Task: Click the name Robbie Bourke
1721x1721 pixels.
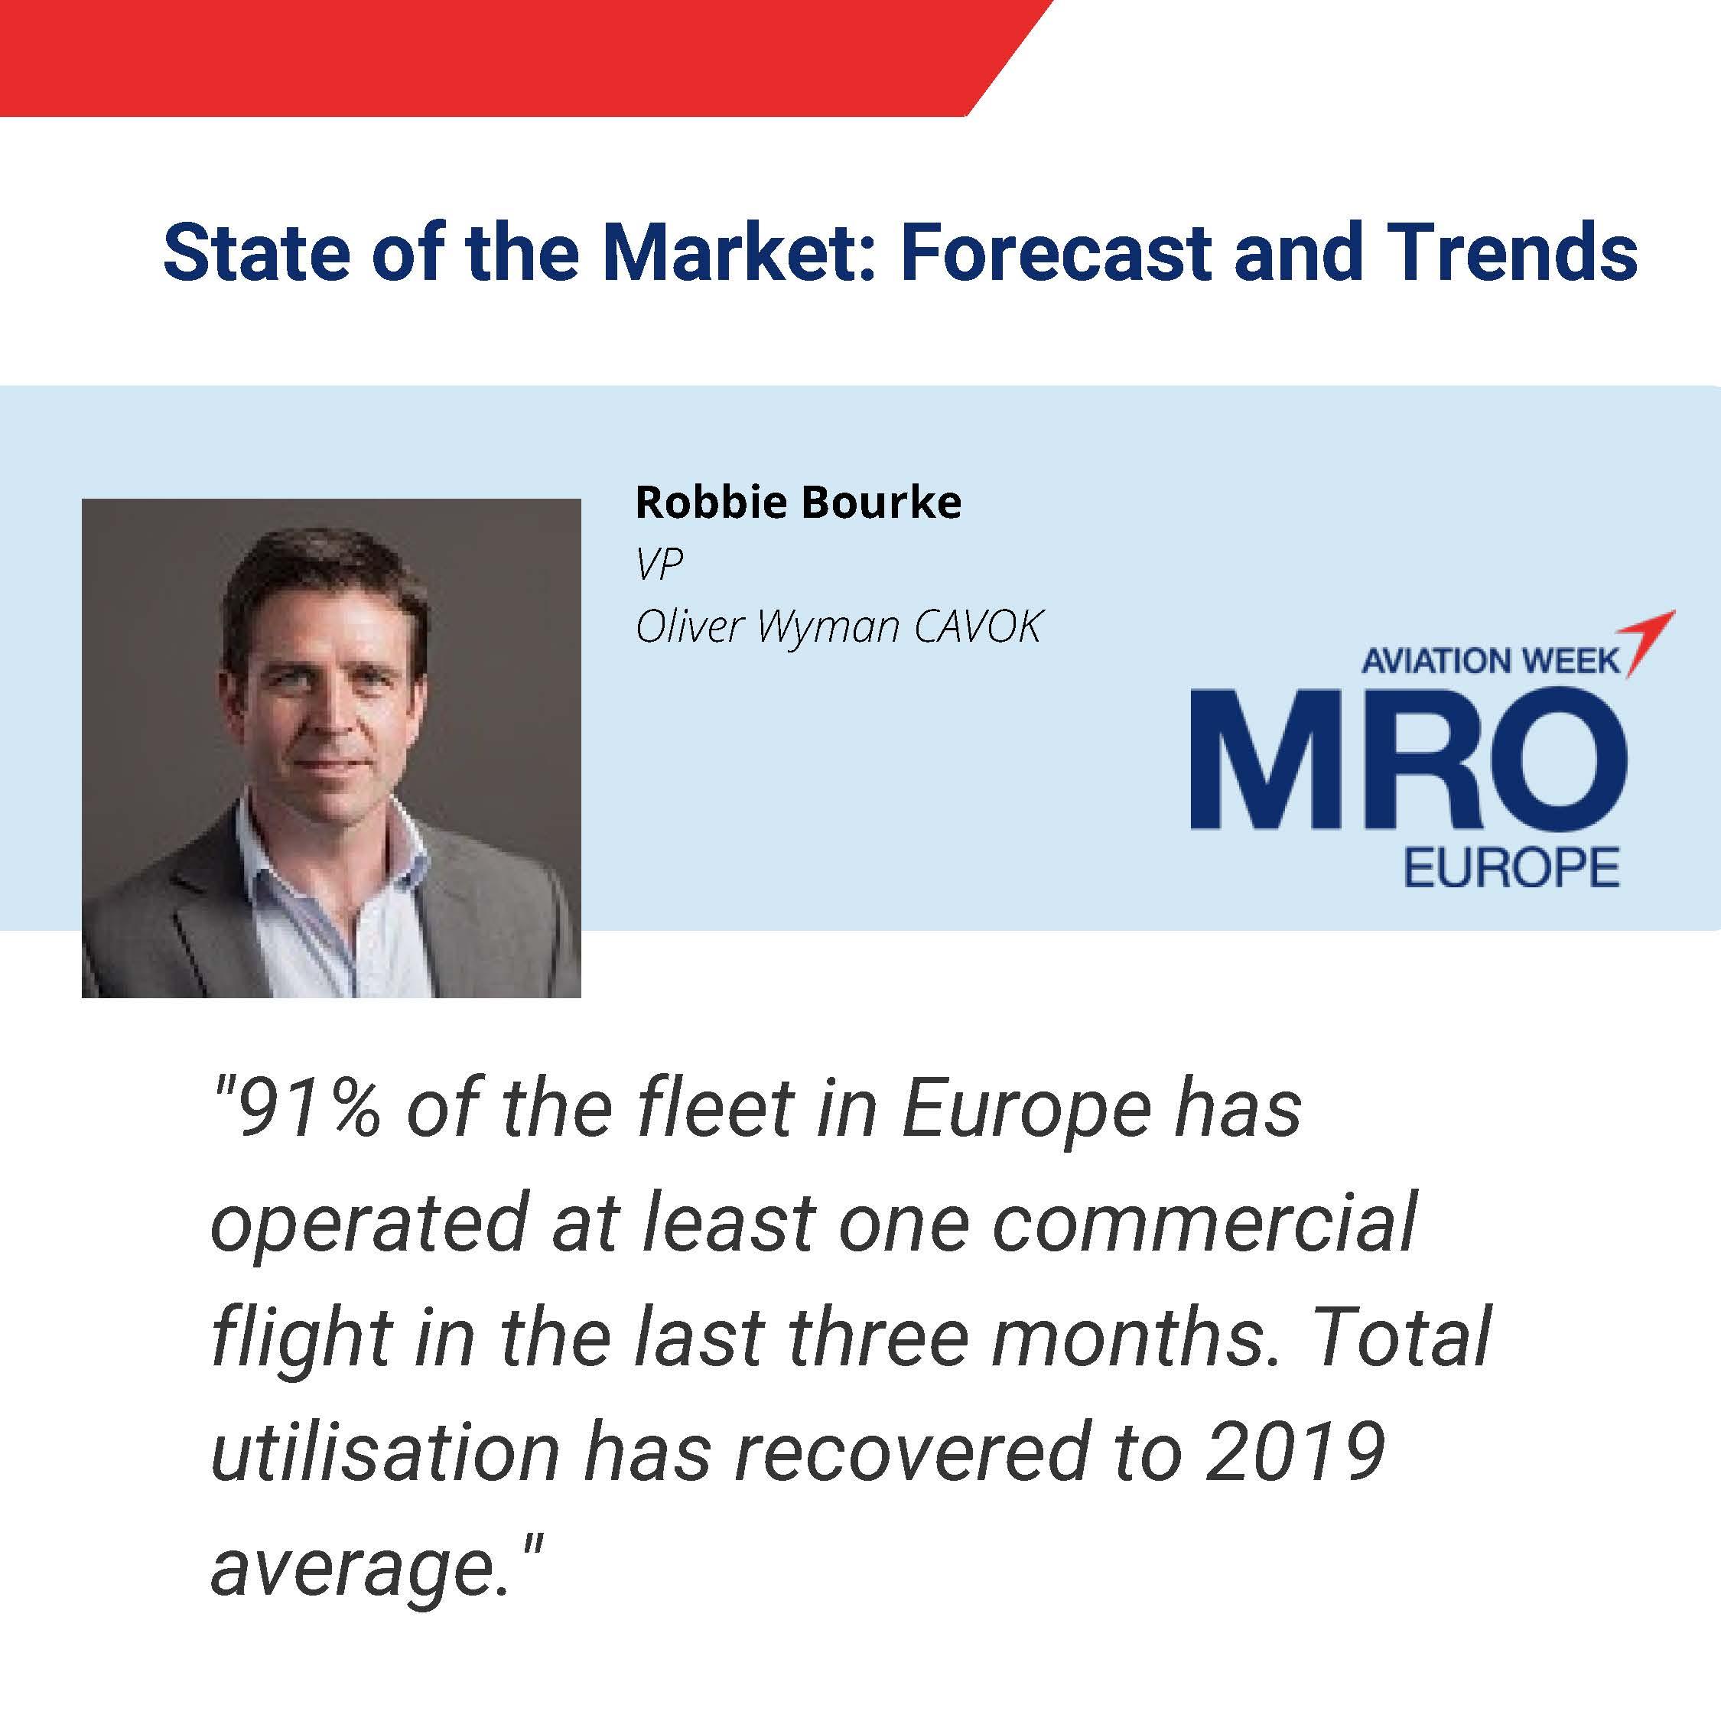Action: tap(798, 503)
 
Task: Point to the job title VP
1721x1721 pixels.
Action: tap(659, 563)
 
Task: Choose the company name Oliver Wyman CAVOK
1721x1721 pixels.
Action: tap(838, 626)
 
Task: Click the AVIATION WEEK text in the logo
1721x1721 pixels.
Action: tap(1489, 660)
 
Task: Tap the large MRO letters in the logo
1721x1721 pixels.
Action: tap(1409, 758)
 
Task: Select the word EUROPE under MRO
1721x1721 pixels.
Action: tap(1511, 867)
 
